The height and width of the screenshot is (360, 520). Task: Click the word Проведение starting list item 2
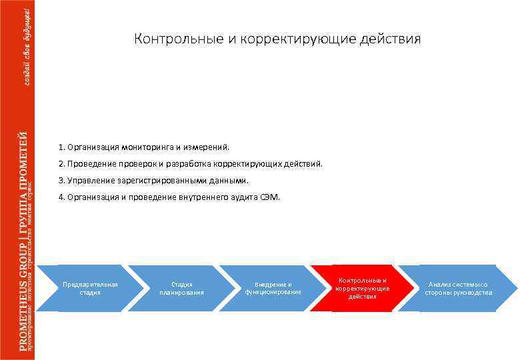pos(89,163)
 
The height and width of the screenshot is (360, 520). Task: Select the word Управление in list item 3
pos(89,180)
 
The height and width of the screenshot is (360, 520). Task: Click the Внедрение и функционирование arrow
pos(273,288)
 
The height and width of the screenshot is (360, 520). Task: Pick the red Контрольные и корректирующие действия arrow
pos(363,288)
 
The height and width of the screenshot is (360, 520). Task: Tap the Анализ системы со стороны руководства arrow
pos(459,288)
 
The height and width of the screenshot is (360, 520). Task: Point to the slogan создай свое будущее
pos(27,44)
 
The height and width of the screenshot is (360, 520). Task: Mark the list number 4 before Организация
pos(61,197)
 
